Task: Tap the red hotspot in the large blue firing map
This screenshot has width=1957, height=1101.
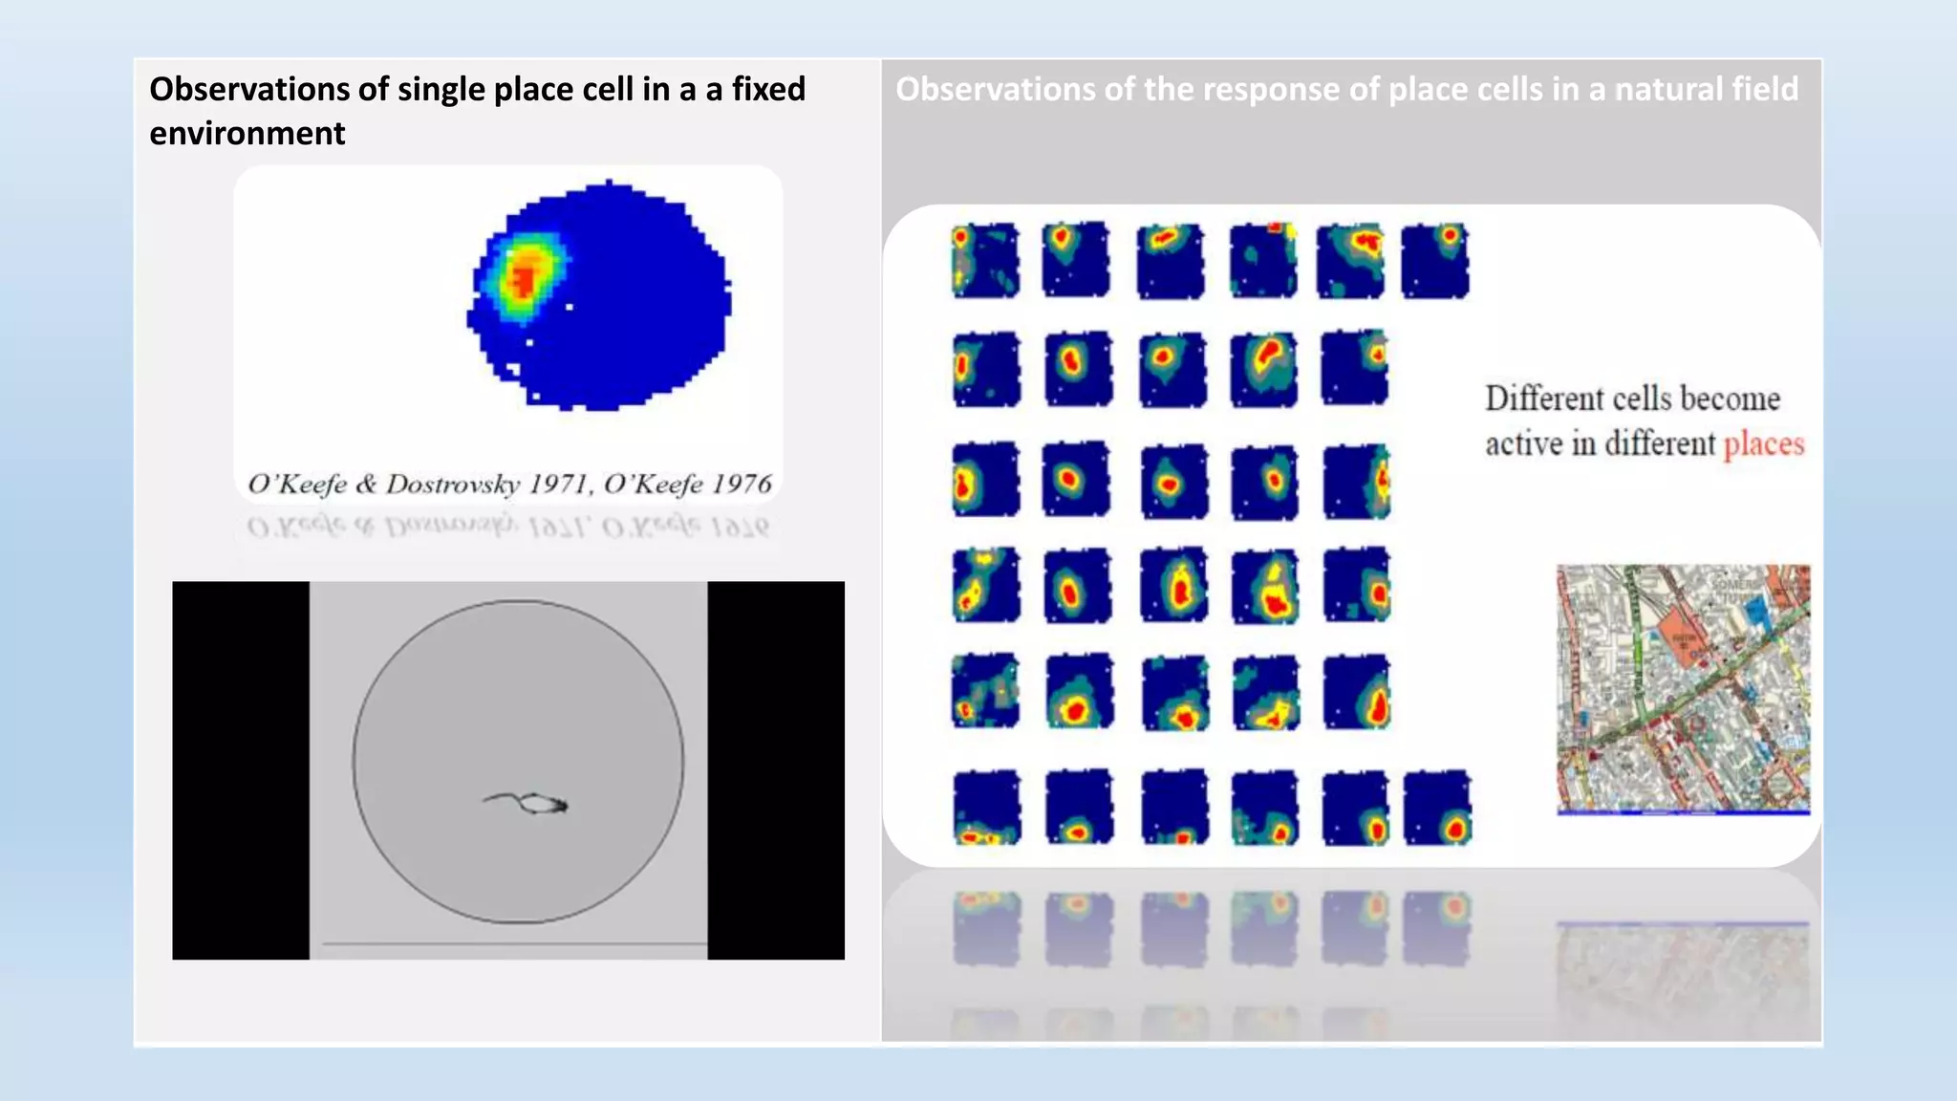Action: tap(524, 279)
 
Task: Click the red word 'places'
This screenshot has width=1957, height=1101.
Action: tap(1763, 444)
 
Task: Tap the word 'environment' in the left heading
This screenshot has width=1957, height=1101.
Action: tap(247, 133)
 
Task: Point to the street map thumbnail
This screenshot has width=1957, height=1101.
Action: tap(1683, 689)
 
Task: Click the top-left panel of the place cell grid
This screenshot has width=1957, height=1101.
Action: tap(985, 260)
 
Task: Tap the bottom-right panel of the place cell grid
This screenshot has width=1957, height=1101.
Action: tap(1436, 808)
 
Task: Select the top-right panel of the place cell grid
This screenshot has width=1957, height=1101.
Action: tap(1435, 260)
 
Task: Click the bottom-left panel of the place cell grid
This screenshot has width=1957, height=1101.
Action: tap(986, 808)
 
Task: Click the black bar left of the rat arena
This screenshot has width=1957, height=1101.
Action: tap(241, 770)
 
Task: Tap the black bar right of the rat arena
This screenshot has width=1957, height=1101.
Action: tap(776, 770)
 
